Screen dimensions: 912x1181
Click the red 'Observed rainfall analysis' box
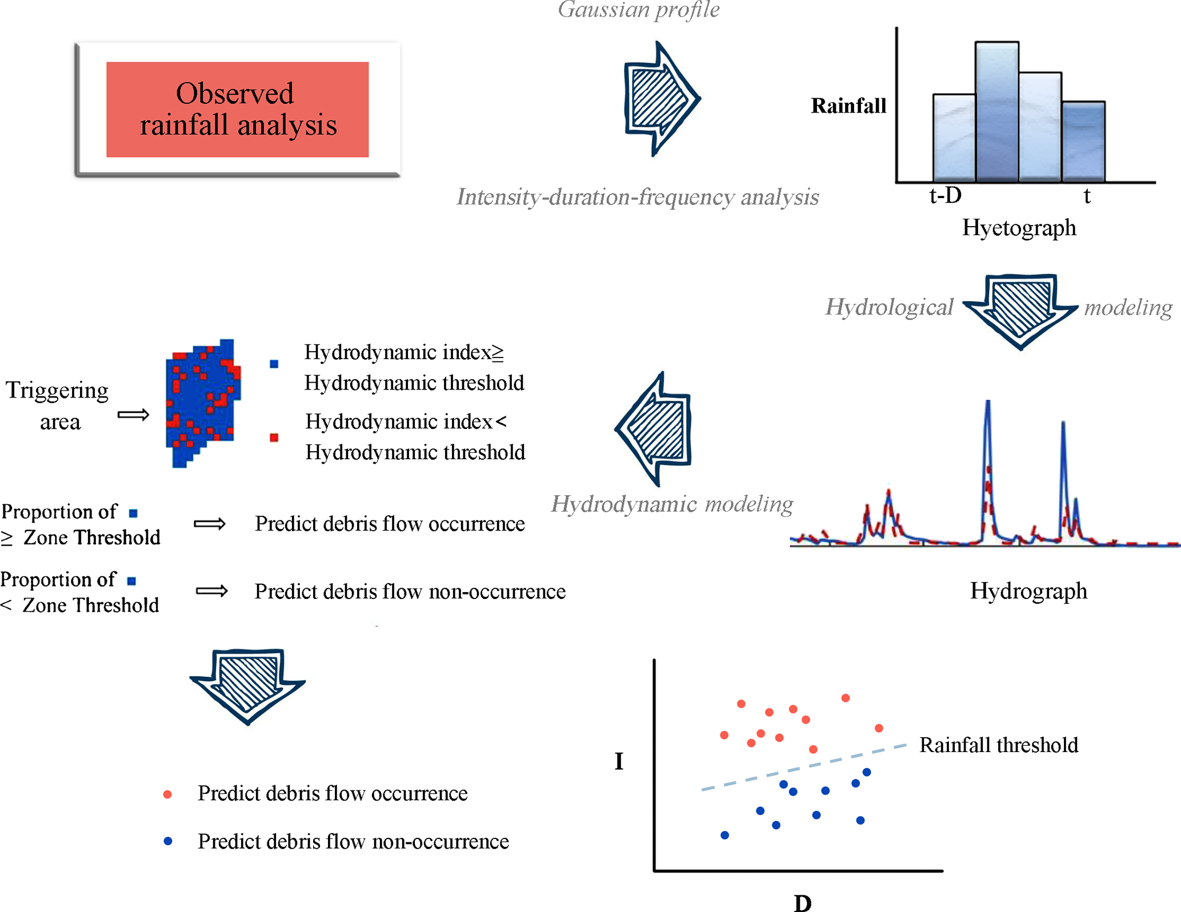coord(237,109)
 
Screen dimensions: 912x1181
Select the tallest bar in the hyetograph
coord(996,111)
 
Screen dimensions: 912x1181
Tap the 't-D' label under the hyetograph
coord(946,195)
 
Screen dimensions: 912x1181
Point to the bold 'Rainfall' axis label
coord(848,106)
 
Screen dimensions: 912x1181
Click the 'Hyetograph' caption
coord(1019,227)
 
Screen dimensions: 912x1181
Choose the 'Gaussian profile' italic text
coord(638,10)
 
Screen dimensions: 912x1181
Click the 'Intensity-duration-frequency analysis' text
coord(638,197)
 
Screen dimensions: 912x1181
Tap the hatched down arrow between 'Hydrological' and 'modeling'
coord(1020,309)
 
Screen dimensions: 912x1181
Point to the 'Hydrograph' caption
coord(1028,590)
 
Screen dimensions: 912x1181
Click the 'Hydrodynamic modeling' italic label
coord(671,504)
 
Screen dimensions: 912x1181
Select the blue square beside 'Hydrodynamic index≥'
coord(274,364)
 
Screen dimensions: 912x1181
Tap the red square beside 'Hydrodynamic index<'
coord(274,437)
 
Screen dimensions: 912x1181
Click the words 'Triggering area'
coord(58,405)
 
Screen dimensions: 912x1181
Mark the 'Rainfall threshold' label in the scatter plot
coord(998,745)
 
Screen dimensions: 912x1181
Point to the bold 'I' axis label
coord(619,761)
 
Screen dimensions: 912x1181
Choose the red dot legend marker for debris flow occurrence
coord(167,794)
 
